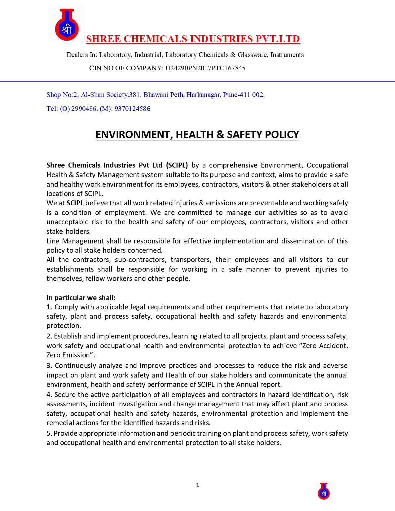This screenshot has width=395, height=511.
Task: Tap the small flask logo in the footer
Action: [324, 491]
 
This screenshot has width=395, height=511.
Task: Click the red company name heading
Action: [193, 39]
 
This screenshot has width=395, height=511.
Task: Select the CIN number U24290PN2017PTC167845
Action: [205, 68]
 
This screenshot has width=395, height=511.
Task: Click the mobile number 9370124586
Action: [132, 109]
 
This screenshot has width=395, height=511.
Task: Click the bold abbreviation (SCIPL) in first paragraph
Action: [177, 165]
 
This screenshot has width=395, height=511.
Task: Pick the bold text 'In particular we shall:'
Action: [81, 298]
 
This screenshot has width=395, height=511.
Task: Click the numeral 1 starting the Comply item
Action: [49, 307]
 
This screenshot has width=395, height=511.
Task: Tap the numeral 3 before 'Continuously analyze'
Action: [49, 365]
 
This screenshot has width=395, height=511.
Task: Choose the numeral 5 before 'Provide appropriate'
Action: [49, 433]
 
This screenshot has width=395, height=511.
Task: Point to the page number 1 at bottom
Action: [198, 485]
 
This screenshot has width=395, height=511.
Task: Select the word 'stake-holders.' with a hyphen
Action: [68, 231]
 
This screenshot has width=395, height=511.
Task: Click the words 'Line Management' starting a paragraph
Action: [75, 241]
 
